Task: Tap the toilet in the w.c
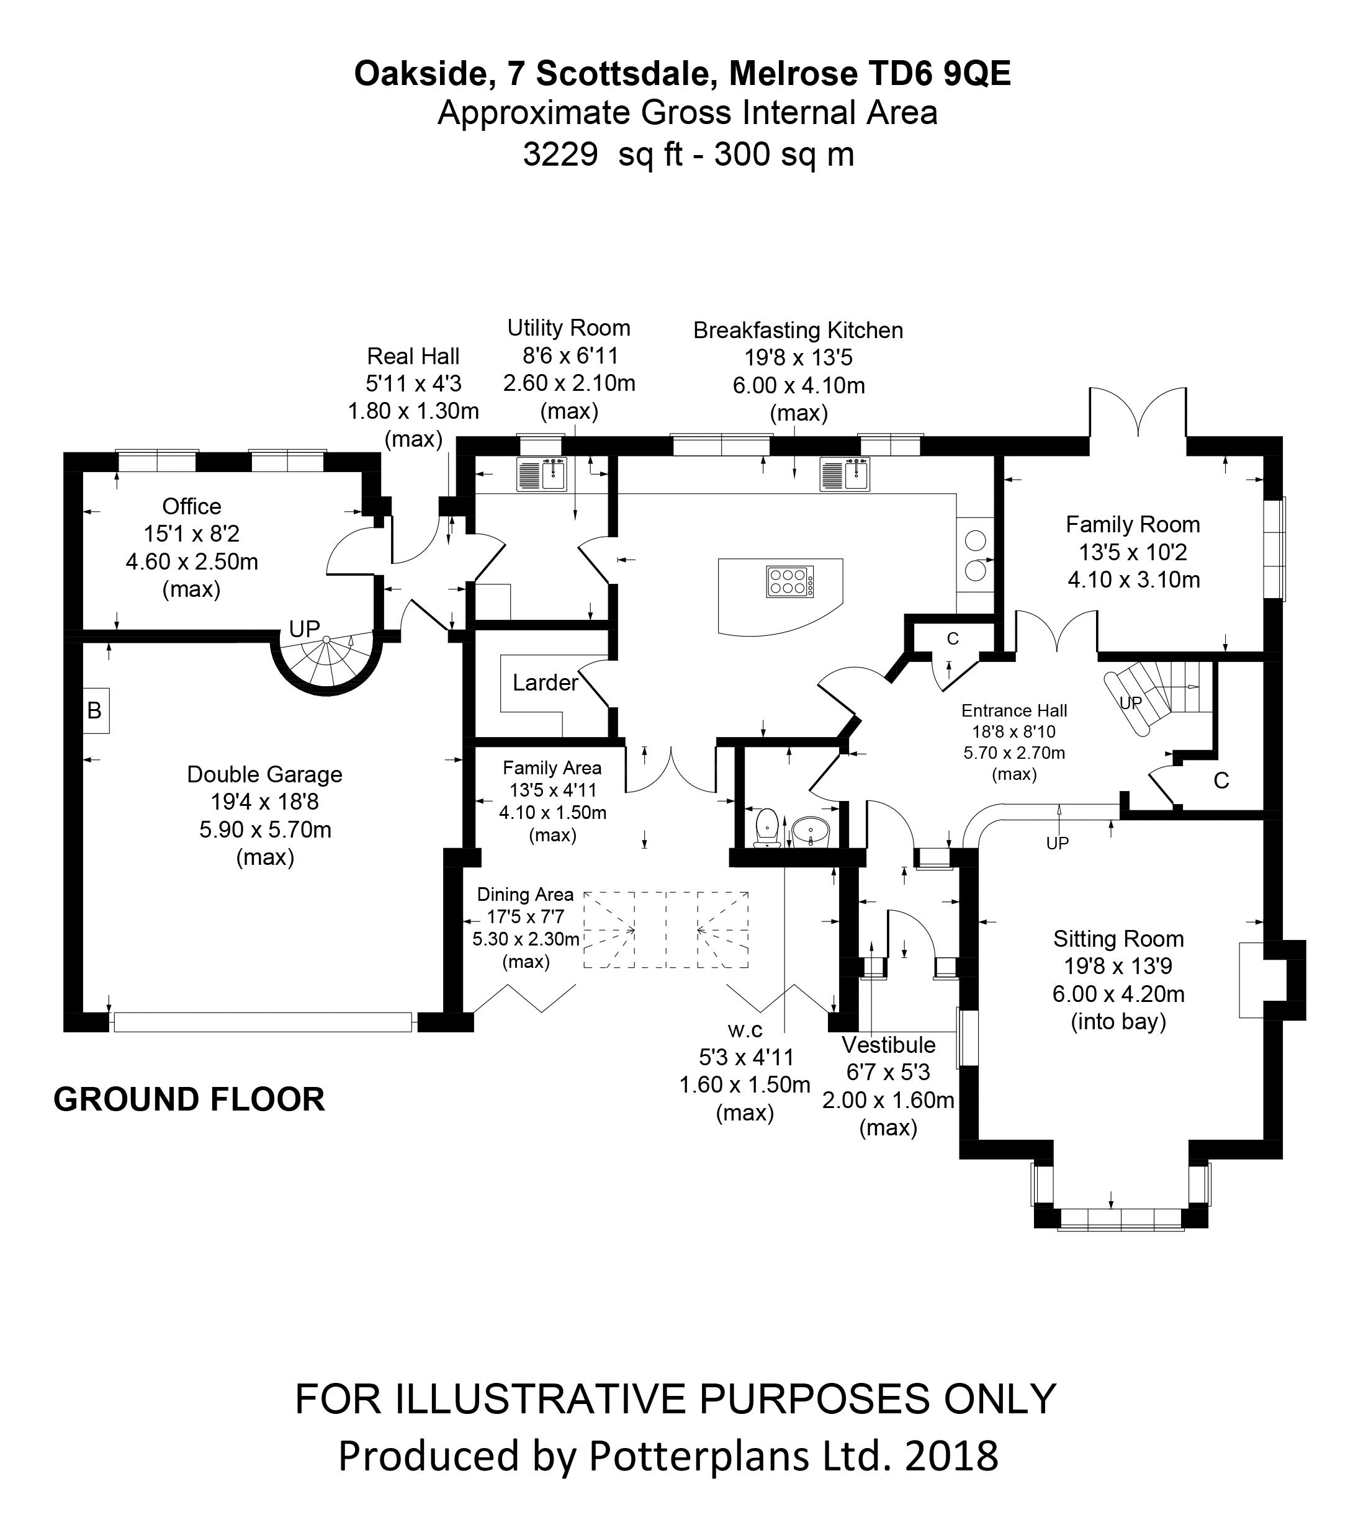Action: (766, 826)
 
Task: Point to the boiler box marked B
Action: (95, 710)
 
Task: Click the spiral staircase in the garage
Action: (327, 659)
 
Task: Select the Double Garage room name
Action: (265, 774)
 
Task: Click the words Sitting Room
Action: (1118, 939)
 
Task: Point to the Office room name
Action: (192, 506)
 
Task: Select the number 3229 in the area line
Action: (560, 154)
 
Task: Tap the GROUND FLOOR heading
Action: (189, 1099)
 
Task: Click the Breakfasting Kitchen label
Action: (798, 330)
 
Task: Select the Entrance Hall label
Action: (1014, 711)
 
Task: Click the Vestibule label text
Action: (888, 1045)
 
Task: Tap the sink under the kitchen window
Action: (845, 475)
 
